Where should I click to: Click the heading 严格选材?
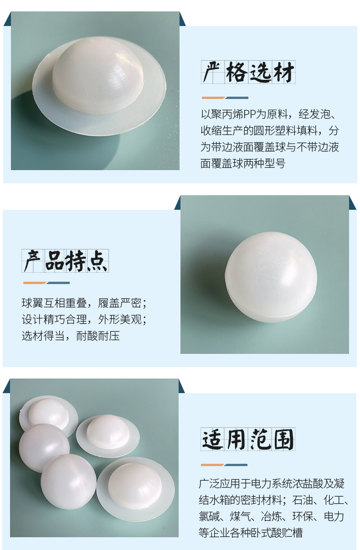click(248, 72)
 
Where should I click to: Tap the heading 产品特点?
click(65, 261)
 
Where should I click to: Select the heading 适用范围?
click(248, 439)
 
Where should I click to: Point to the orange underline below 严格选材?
click(213, 98)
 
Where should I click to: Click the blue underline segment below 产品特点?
click(58, 283)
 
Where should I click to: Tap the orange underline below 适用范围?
click(212, 465)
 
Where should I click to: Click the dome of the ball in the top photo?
click(98, 75)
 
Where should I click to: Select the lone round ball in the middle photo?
click(271, 277)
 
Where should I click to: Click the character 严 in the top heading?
click(211, 72)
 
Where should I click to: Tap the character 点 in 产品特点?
click(98, 261)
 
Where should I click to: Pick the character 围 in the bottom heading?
click(284, 439)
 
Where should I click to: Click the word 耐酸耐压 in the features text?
click(98, 336)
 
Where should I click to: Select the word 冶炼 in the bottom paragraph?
click(272, 516)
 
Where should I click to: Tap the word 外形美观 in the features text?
click(120, 319)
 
